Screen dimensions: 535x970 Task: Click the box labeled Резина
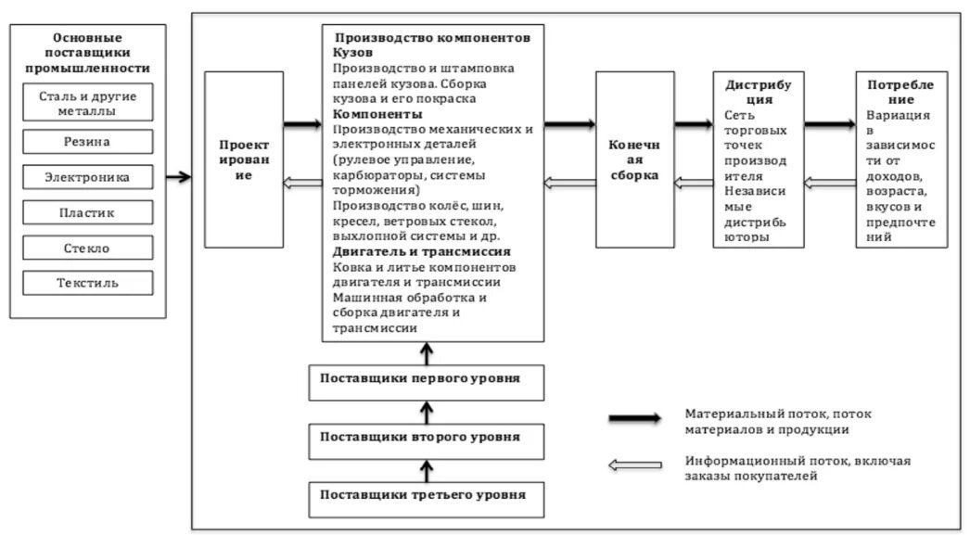(x=88, y=142)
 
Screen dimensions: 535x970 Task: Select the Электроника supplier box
(x=88, y=177)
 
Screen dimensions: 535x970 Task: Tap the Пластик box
(x=88, y=212)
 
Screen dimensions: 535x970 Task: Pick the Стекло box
(x=88, y=248)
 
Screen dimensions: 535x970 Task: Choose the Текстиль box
(x=88, y=283)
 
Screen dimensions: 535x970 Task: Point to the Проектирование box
(x=244, y=160)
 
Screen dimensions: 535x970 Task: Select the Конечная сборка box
(x=634, y=160)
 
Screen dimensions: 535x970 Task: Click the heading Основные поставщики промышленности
(x=88, y=53)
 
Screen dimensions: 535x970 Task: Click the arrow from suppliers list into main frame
(x=178, y=176)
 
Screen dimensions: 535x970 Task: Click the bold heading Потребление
(x=900, y=93)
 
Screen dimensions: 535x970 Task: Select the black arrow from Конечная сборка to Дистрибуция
(x=694, y=123)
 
